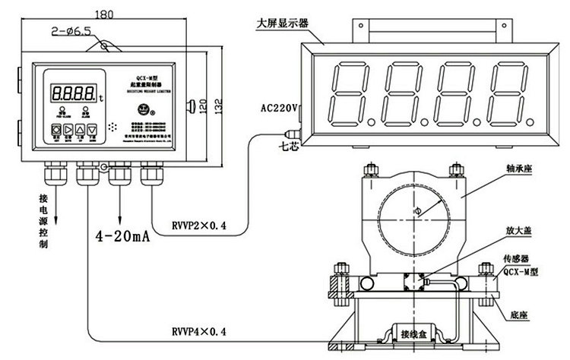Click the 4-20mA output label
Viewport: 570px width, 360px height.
tap(121, 237)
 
